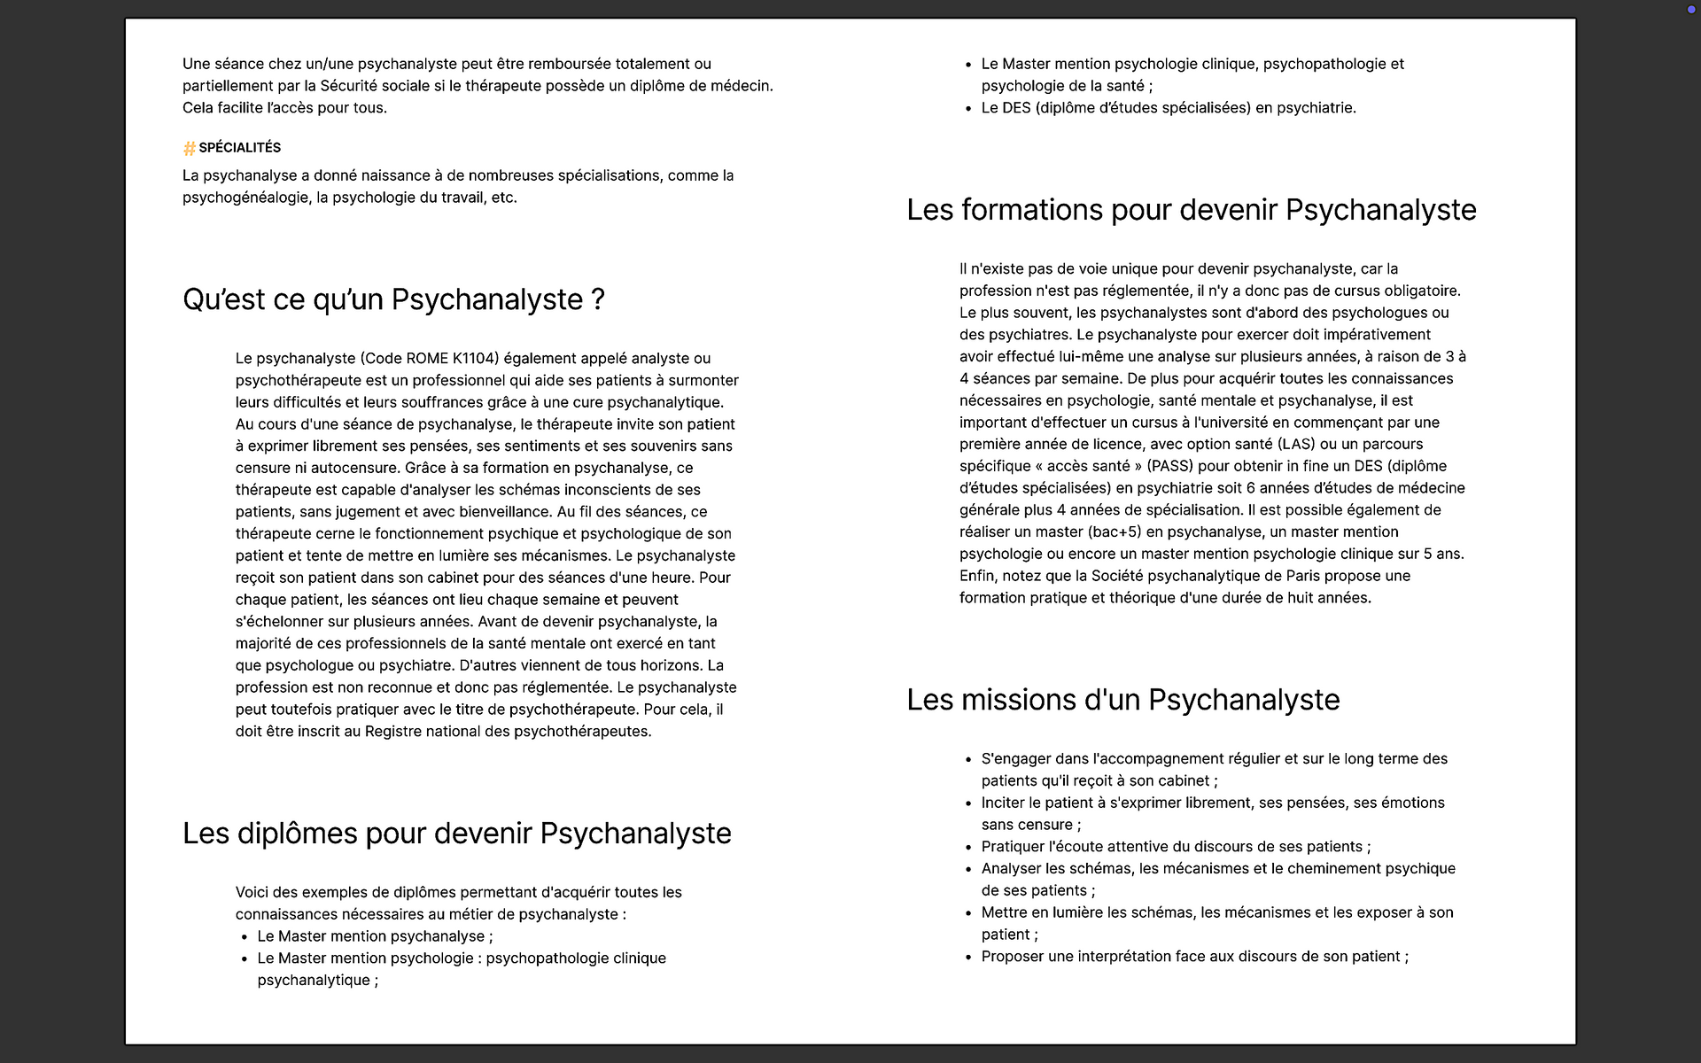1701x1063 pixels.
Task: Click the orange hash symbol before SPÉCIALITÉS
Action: click(189, 148)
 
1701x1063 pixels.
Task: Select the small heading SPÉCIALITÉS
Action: click(239, 148)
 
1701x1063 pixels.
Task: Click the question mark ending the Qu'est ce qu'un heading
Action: click(598, 300)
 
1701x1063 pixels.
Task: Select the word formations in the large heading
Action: click(1031, 210)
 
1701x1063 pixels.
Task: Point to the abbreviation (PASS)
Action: click(1169, 466)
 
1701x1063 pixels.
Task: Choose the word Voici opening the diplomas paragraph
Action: click(255, 892)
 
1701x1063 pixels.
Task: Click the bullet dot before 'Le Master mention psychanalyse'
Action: click(245, 937)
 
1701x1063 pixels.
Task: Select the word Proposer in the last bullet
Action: click(1015, 957)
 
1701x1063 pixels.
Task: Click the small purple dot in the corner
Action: click(1691, 10)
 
